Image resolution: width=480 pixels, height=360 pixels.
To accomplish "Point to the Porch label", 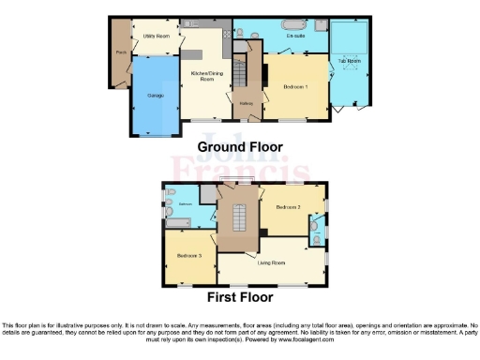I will (x=121, y=52).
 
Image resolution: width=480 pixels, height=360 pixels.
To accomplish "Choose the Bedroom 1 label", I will (x=297, y=86).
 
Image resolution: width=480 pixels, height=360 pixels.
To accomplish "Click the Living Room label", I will (x=272, y=262).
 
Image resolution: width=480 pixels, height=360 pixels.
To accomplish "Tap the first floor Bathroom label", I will (x=186, y=203).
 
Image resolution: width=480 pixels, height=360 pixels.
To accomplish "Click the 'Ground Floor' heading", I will (x=239, y=147).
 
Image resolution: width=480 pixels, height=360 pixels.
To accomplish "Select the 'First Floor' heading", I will (x=242, y=297).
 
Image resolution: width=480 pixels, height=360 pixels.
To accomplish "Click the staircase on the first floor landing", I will (x=237, y=219).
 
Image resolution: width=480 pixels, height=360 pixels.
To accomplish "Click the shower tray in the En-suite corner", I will (x=318, y=26).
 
